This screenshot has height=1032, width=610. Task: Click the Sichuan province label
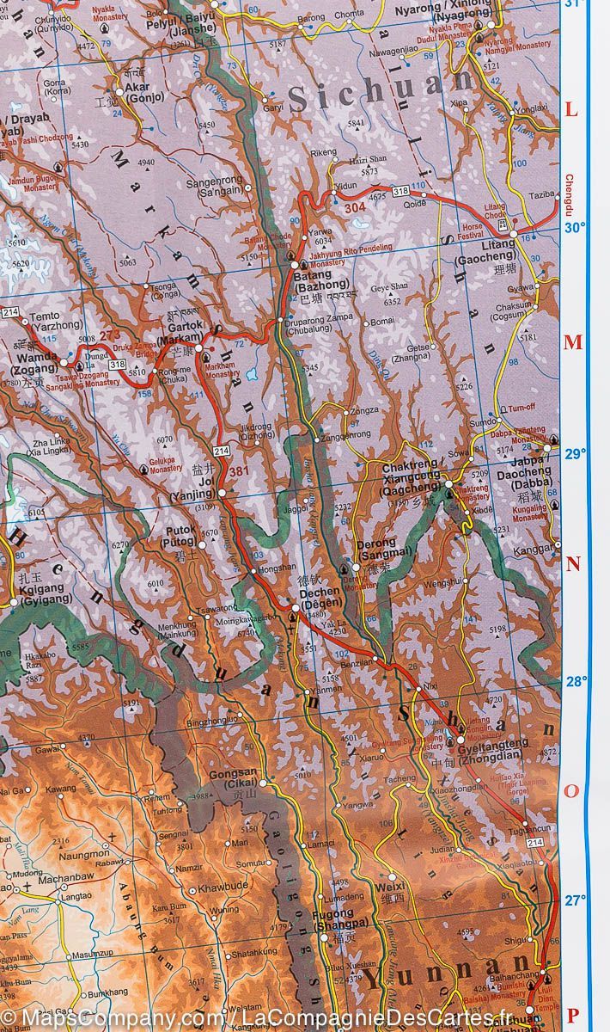coord(381,91)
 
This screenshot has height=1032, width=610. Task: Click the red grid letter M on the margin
coord(572,343)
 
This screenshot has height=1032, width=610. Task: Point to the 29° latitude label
coord(574,454)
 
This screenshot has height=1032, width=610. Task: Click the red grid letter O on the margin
coord(571,791)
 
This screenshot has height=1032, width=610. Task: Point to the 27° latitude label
coord(574,900)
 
